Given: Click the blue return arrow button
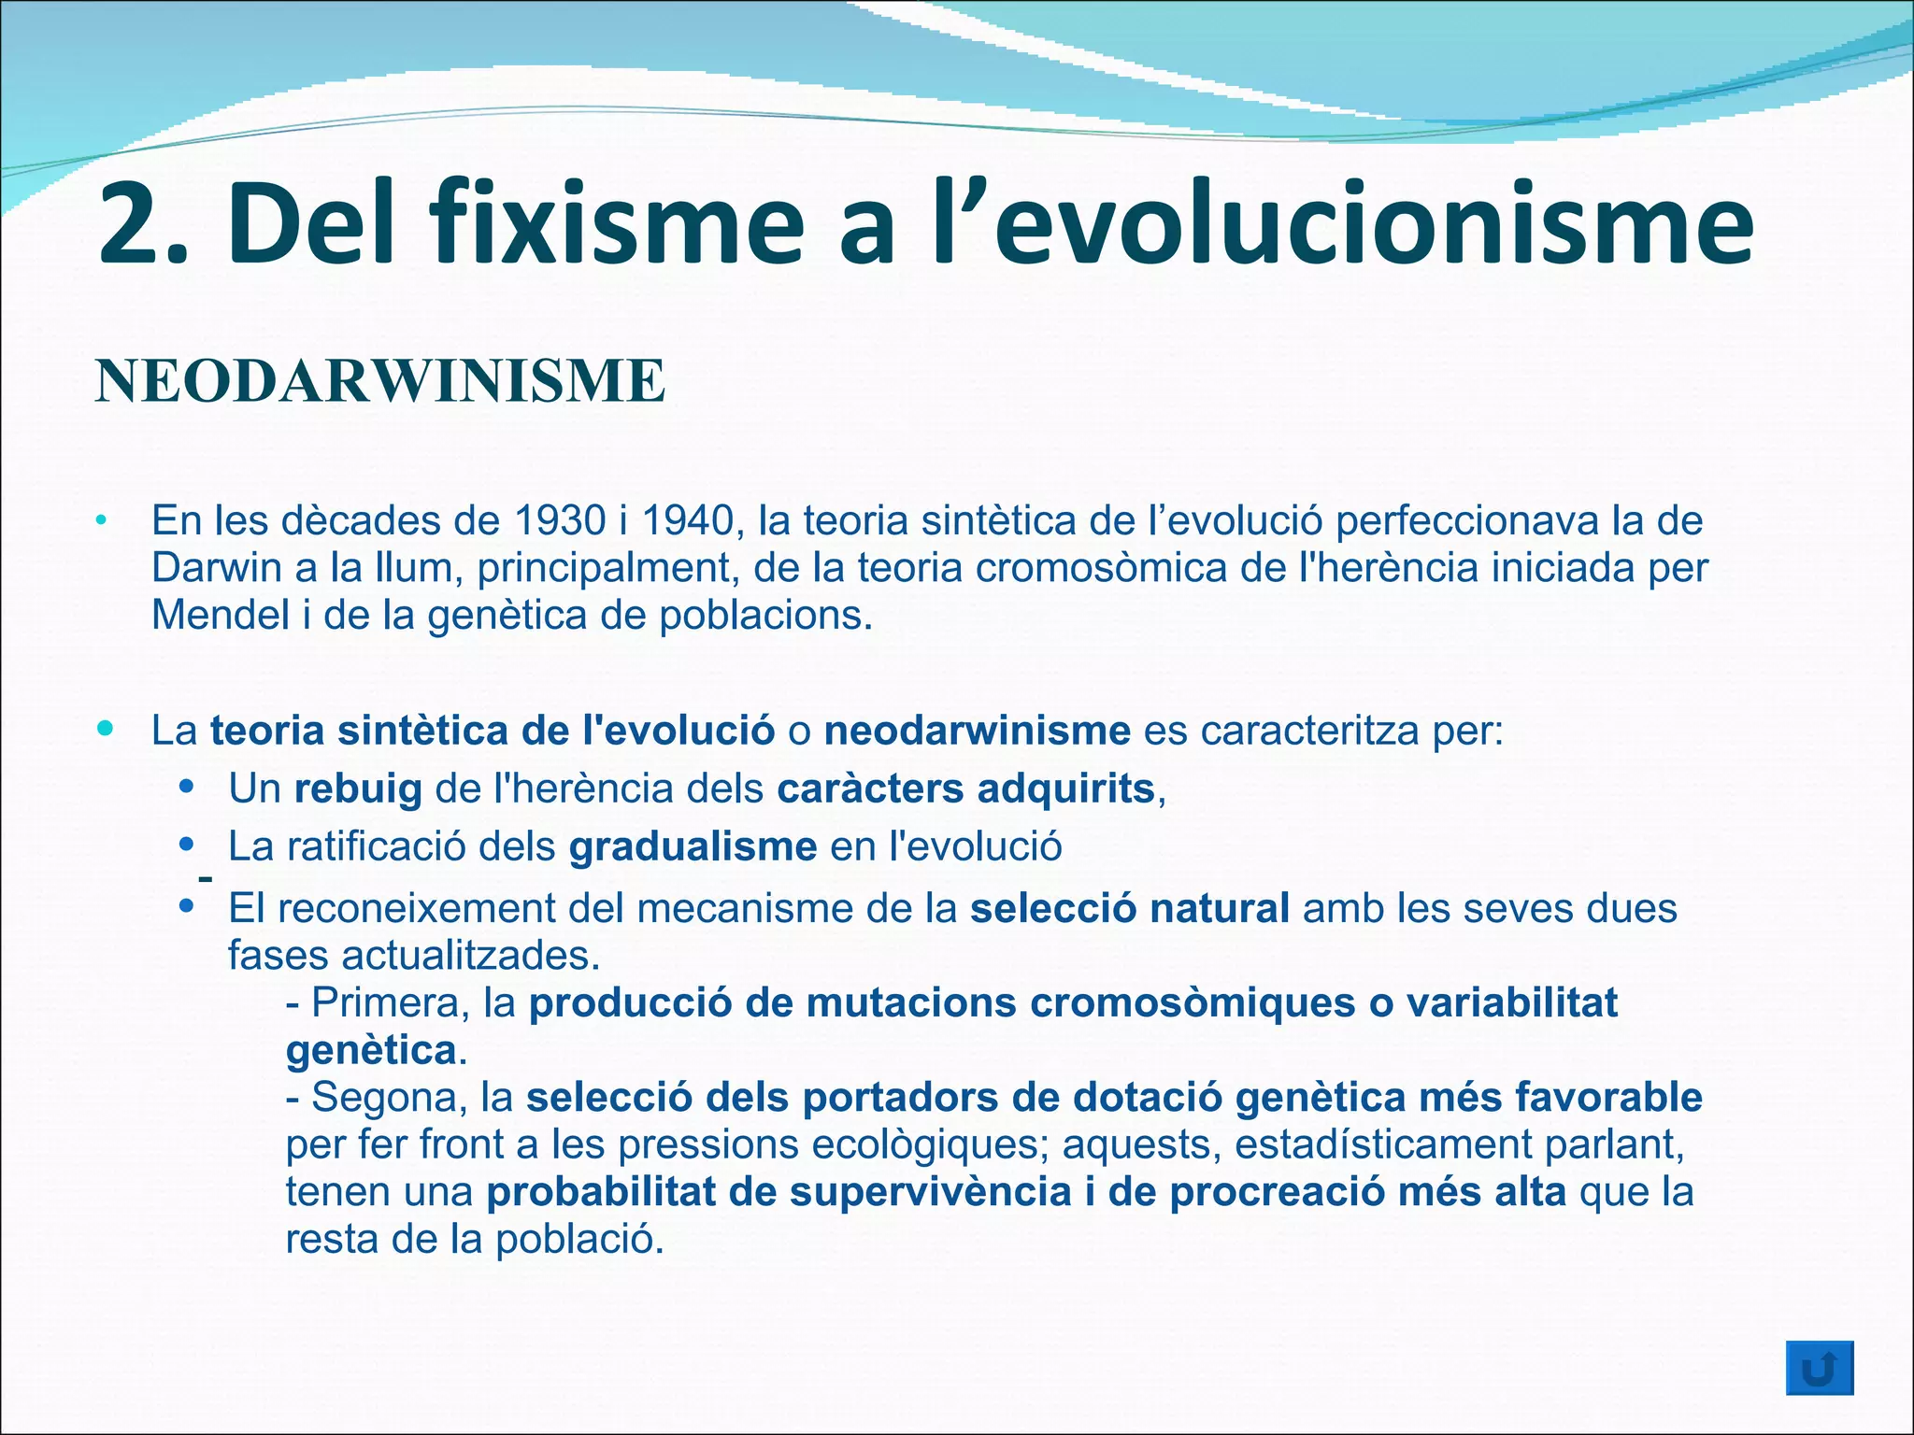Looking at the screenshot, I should click(1819, 1368).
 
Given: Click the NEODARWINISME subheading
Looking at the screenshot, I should click(379, 381).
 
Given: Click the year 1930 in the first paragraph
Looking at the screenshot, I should click(559, 521).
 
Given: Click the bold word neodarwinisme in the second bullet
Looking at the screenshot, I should click(977, 731).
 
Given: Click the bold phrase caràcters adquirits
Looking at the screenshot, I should click(966, 789).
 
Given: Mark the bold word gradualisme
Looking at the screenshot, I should click(693, 846).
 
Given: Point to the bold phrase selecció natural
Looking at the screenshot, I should click(1130, 908).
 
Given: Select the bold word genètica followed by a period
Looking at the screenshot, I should click(371, 1051).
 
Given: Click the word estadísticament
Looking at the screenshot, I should click(1382, 1144).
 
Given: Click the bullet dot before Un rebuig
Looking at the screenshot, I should click(187, 787).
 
